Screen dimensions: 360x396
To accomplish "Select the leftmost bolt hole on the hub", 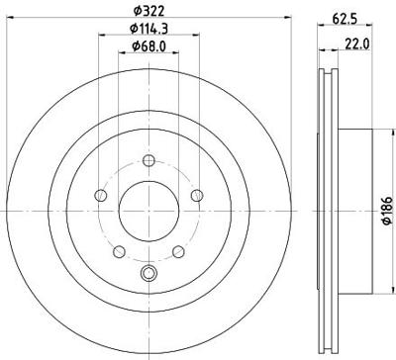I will point(100,197).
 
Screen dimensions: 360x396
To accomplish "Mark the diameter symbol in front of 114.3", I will point(133,30).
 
